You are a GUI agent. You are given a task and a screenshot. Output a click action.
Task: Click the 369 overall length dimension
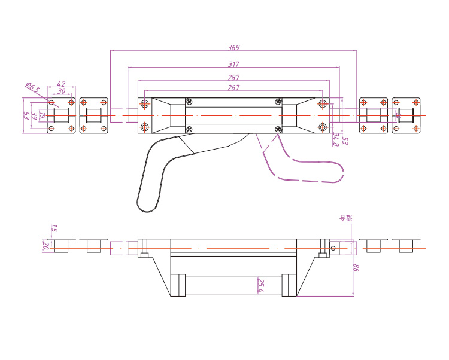coord(234,48)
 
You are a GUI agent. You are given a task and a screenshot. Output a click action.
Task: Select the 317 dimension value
coord(234,64)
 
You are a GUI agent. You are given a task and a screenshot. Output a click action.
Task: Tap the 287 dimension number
coord(234,77)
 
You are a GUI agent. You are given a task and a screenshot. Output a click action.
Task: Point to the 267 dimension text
coord(234,88)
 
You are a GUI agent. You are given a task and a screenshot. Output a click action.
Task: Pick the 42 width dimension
coord(61,84)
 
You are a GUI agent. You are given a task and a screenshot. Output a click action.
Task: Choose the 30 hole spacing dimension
coord(62,91)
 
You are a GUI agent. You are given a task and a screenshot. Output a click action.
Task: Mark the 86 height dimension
coord(355,268)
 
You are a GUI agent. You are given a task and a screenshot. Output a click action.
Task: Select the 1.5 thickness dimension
coord(54,228)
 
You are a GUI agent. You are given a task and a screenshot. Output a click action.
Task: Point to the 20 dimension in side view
coord(45,245)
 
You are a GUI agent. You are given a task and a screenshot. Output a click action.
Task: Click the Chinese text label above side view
coord(346,218)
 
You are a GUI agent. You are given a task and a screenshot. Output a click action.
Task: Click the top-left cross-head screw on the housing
coord(190,102)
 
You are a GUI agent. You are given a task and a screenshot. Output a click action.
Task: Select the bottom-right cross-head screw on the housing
coord(277,129)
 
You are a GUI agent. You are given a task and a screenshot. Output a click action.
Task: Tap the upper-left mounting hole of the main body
coord(145,105)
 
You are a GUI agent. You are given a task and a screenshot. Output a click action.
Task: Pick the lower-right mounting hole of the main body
coord(323,127)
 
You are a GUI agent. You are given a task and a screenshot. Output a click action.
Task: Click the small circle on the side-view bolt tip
coord(333,246)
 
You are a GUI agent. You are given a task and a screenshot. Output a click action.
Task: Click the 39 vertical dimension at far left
coord(34,116)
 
